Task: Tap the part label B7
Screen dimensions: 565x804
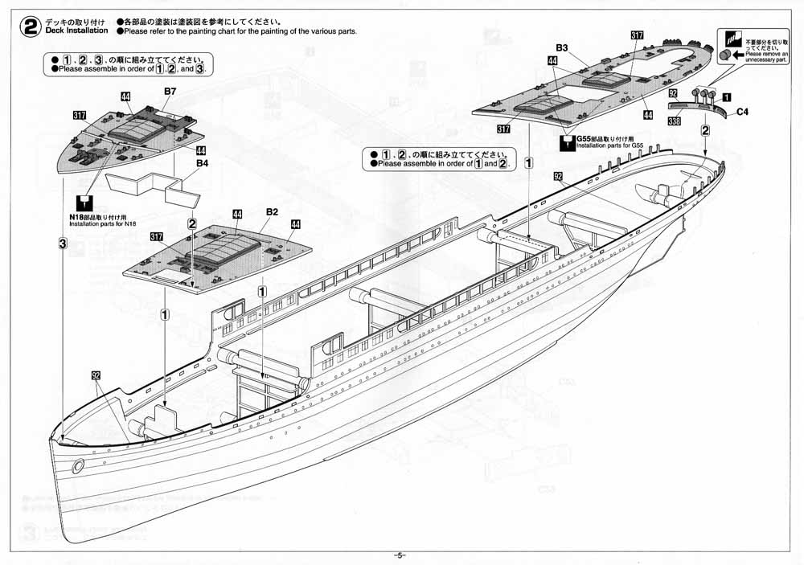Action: click(x=170, y=92)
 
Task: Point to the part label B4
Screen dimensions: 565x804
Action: click(x=203, y=163)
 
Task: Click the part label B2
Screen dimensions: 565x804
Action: click(x=272, y=211)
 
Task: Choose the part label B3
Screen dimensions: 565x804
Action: click(x=562, y=48)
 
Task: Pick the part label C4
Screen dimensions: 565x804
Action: click(x=743, y=113)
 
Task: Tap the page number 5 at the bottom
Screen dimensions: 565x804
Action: click(x=401, y=556)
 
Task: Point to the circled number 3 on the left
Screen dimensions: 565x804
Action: click(x=62, y=244)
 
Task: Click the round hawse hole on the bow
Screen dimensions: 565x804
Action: click(x=78, y=465)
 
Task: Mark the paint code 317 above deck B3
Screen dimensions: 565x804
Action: click(x=637, y=35)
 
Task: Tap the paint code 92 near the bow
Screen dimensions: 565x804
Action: click(x=96, y=375)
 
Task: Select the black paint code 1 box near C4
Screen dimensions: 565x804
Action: click(x=726, y=96)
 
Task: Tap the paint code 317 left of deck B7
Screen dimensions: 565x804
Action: click(x=79, y=116)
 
